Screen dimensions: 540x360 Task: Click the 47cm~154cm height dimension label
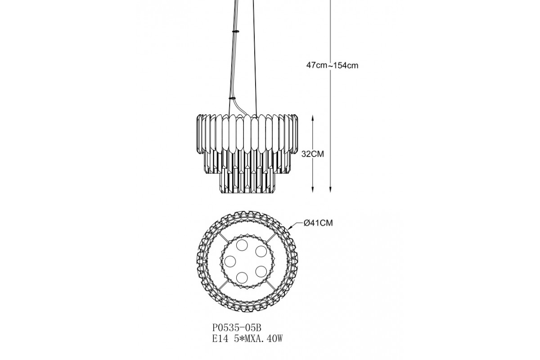click(332, 65)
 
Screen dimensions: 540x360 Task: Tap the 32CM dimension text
click(313, 154)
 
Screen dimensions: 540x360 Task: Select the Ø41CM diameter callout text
click(318, 223)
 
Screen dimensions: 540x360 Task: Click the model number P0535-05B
click(237, 328)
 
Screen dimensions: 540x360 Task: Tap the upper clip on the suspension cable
click(235, 31)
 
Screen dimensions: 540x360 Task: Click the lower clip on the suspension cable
click(232, 98)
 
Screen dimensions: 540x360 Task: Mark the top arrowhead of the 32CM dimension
click(313, 118)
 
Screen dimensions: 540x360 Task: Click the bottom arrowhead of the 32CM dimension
click(313, 189)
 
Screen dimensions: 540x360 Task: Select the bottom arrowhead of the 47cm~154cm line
click(330, 189)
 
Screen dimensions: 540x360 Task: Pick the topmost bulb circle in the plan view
click(242, 245)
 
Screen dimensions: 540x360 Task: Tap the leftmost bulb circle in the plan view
click(230, 261)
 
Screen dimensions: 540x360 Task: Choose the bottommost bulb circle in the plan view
click(242, 278)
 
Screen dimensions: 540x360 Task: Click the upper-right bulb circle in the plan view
click(261, 252)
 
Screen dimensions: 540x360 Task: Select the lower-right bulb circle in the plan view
click(261, 271)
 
